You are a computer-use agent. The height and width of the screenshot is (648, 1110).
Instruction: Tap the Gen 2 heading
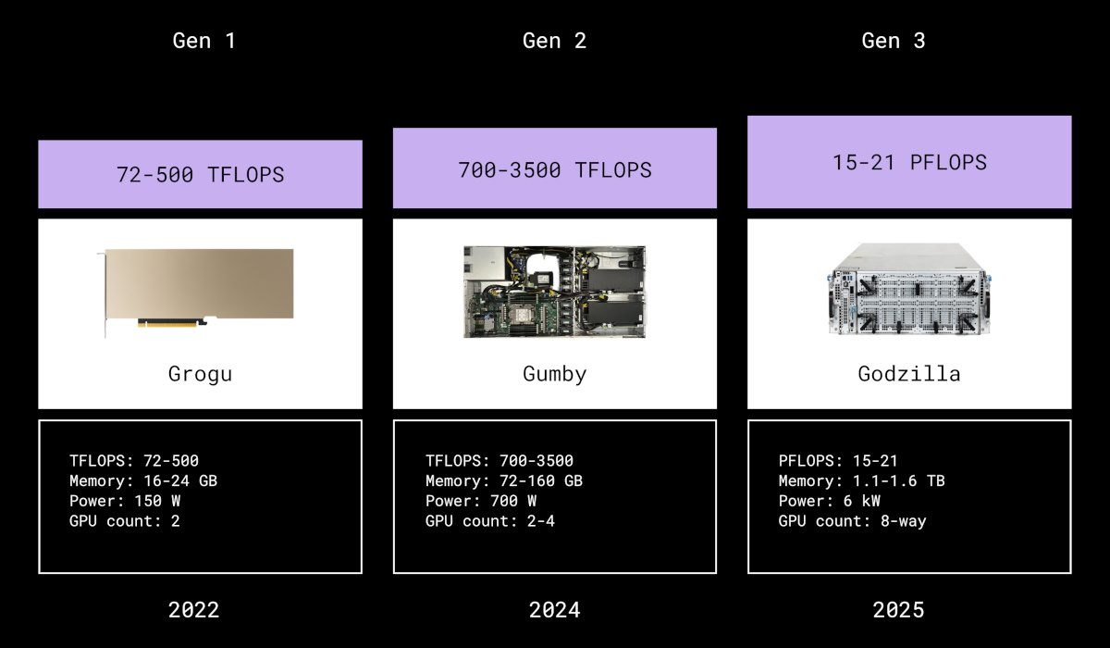pos(554,41)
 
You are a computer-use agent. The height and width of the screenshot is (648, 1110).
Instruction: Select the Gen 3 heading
pos(894,41)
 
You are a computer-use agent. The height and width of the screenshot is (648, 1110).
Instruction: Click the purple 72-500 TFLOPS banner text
pos(200,174)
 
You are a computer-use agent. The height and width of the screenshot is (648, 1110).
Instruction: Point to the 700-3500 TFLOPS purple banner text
pos(555,169)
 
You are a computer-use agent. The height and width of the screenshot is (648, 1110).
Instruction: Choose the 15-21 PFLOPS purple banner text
pos(909,162)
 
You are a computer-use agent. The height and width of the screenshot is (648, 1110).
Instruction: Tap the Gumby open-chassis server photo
pos(554,292)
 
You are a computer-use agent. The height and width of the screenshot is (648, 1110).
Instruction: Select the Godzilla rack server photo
pos(908,289)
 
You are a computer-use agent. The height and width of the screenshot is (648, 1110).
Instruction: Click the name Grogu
pos(199,374)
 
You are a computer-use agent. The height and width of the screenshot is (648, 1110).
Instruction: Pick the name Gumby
pos(554,374)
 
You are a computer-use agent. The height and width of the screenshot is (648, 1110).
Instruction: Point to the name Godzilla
pos(908,374)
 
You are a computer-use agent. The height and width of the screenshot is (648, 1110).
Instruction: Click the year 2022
pos(194,609)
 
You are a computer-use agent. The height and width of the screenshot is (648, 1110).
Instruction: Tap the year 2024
pos(555,609)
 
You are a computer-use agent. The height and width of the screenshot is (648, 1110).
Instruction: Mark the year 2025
pos(898,609)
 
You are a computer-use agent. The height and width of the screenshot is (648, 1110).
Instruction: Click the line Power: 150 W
pos(125,501)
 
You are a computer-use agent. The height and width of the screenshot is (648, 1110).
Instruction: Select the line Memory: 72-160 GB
pos(504,480)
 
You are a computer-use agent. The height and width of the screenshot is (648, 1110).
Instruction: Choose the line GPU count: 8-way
pos(852,521)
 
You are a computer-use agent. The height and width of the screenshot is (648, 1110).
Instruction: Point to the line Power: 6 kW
pos(830,501)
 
